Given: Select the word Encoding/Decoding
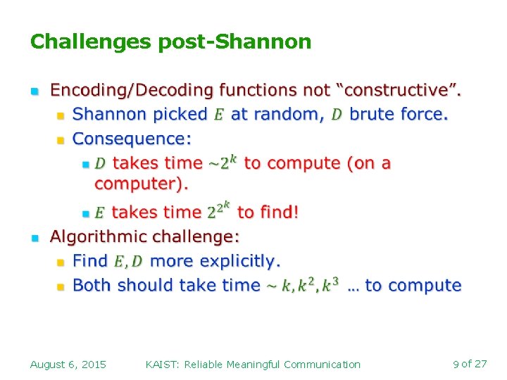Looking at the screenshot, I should pyautogui.click(x=132, y=90).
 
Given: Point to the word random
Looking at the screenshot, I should pyautogui.click(x=287, y=114).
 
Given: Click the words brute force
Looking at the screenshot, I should pyautogui.click(x=399, y=114).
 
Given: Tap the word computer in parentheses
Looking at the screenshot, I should pyautogui.click(x=139, y=184).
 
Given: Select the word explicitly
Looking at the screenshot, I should pyautogui.click(x=240, y=261).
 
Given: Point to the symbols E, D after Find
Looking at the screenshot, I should pyautogui.click(x=127, y=262).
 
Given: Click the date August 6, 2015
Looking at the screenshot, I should pyautogui.click(x=68, y=364).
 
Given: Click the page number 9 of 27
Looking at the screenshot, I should pyautogui.click(x=470, y=364).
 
